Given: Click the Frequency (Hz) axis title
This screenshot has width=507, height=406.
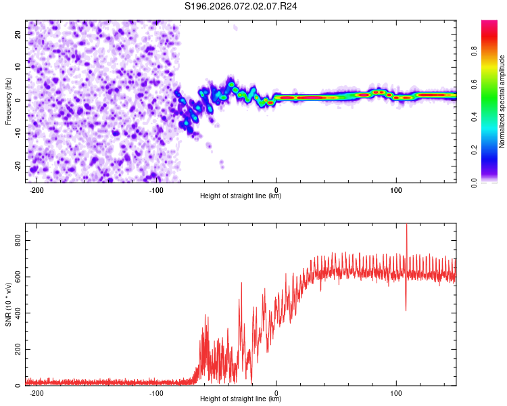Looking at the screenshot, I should tap(8, 101).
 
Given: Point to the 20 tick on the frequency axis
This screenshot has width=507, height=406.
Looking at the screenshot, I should tap(19, 33).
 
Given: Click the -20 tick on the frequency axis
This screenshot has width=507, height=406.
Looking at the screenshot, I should tap(18, 166).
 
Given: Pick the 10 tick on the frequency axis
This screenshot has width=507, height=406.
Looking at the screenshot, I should tap(19, 66).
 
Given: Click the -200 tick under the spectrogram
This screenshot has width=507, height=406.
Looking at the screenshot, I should tap(37, 190).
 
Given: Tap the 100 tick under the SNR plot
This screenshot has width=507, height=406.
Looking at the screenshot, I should tap(396, 393).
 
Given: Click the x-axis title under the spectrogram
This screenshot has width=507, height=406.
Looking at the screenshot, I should tap(241, 196).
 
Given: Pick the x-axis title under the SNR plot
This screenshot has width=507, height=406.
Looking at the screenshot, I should tap(241, 399).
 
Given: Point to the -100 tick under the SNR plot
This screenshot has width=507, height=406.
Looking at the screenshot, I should tap(157, 393).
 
